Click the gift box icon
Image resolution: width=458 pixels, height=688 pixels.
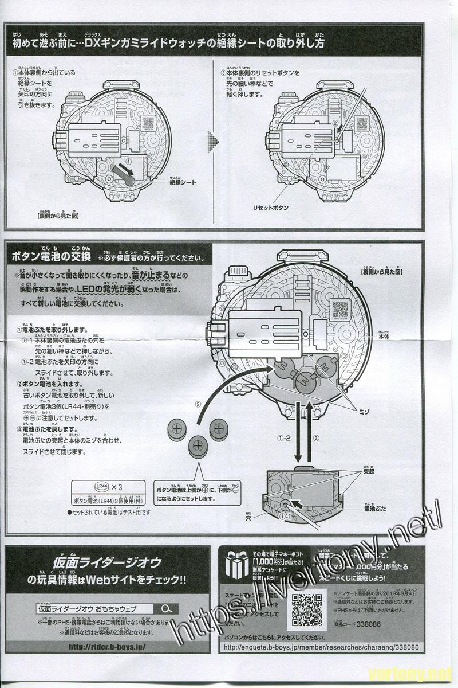236,564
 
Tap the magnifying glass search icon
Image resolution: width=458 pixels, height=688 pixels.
165,609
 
